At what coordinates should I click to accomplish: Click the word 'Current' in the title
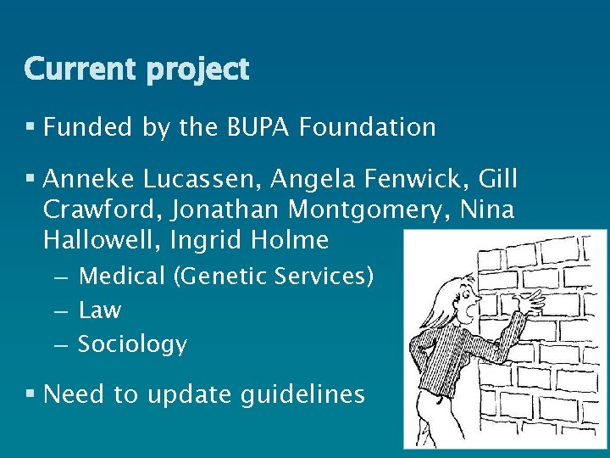tap(75, 69)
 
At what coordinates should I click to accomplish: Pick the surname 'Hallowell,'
tap(102, 240)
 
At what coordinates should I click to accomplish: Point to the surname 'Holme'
tap(291, 240)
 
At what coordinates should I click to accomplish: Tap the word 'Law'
tap(100, 310)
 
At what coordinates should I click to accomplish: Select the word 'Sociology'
tap(132, 344)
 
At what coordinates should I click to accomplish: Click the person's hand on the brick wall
tap(531, 299)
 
